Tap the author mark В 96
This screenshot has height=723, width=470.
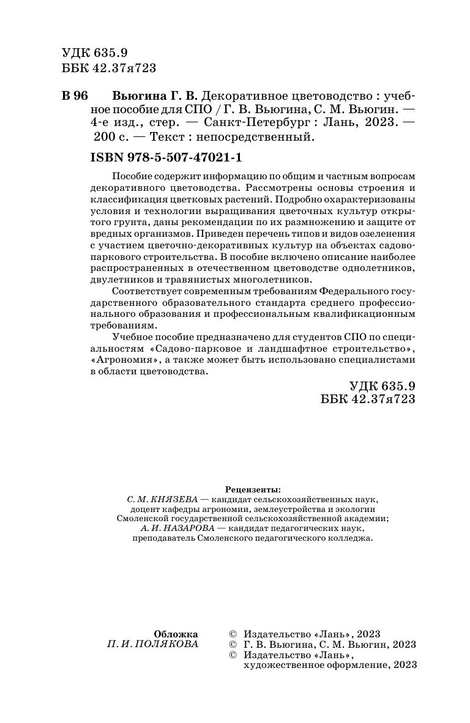75,97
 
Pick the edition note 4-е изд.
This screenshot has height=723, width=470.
115,124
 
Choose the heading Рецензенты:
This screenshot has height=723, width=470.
253,489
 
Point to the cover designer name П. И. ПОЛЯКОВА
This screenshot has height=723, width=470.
152,645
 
